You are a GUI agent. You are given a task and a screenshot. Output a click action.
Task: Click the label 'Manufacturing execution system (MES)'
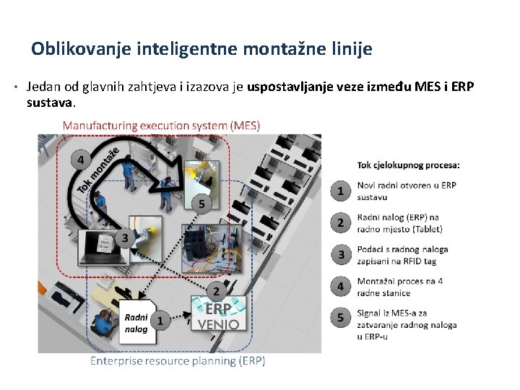pyautogui.click(x=161, y=126)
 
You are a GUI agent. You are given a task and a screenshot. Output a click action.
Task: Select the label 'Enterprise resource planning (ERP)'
pyautogui.click(x=177, y=360)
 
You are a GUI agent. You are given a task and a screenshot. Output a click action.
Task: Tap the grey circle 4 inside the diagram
pyautogui.click(x=80, y=160)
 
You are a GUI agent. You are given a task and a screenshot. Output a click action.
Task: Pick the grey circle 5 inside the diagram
pyautogui.click(x=201, y=205)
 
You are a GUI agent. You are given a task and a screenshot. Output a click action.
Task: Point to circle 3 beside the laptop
pyautogui.click(x=124, y=237)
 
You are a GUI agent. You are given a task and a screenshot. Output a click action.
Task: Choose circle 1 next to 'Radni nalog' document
pyautogui.click(x=160, y=318)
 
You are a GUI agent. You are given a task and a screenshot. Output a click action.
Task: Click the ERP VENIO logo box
pyautogui.click(x=220, y=314)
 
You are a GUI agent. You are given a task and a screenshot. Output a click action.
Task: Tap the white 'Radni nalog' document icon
pyautogui.click(x=136, y=323)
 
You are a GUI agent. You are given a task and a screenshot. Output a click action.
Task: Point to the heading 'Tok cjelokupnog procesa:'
pyautogui.click(x=408, y=165)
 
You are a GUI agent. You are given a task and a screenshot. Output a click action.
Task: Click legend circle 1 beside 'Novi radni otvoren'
pyautogui.click(x=341, y=191)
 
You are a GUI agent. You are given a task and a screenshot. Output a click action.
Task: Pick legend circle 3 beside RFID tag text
pyautogui.click(x=341, y=254)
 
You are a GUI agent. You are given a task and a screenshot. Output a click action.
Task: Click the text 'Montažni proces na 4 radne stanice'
pyautogui.click(x=399, y=287)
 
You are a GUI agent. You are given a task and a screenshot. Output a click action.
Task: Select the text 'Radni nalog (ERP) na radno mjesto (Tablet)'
pyautogui.click(x=398, y=222)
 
